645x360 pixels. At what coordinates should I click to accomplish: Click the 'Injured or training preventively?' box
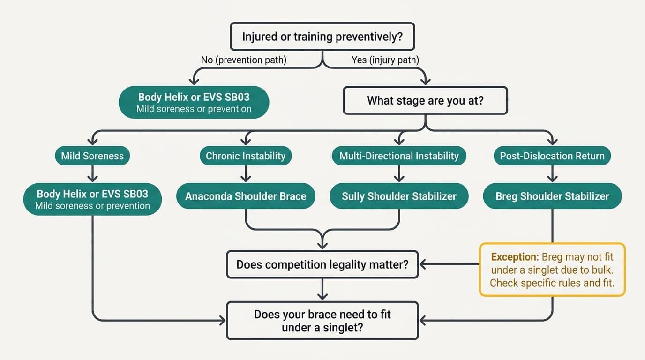pyautogui.click(x=322, y=37)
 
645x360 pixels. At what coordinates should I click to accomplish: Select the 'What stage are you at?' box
pyautogui.click(x=425, y=100)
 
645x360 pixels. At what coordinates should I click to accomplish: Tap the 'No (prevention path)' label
pyautogui.click(x=244, y=60)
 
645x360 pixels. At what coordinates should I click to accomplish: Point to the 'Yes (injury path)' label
pyautogui.click(x=385, y=60)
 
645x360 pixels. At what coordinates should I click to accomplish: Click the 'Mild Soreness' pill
pyautogui.click(x=92, y=156)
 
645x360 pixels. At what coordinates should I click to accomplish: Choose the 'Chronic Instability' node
pyautogui.click(x=246, y=156)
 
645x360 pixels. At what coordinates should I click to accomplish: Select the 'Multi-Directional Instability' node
pyautogui.click(x=399, y=156)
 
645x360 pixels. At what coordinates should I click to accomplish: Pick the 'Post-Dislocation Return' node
pyautogui.click(x=552, y=156)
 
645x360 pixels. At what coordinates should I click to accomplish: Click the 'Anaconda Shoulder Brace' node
pyautogui.click(x=246, y=196)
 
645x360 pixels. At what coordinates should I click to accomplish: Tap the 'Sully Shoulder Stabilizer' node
pyautogui.click(x=399, y=196)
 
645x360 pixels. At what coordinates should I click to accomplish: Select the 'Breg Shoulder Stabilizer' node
pyautogui.click(x=552, y=196)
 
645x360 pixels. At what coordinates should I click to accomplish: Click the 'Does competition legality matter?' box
pyautogui.click(x=322, y=264)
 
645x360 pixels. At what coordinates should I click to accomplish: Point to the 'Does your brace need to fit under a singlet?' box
pyautogui.click(x=322, y=321)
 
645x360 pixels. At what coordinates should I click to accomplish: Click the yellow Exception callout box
pyautogui.click(x=552, y=270)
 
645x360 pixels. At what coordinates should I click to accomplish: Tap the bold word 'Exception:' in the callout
pyautogui.click(x=515, y=257)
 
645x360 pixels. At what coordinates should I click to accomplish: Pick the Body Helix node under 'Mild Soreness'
pyautogui.click(x=92, y=199)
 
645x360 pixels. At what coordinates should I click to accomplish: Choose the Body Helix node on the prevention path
pyautogui.click(x=194, y=102)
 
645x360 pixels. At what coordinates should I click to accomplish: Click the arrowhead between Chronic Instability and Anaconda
pyautogui.click(x=246, y=178)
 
